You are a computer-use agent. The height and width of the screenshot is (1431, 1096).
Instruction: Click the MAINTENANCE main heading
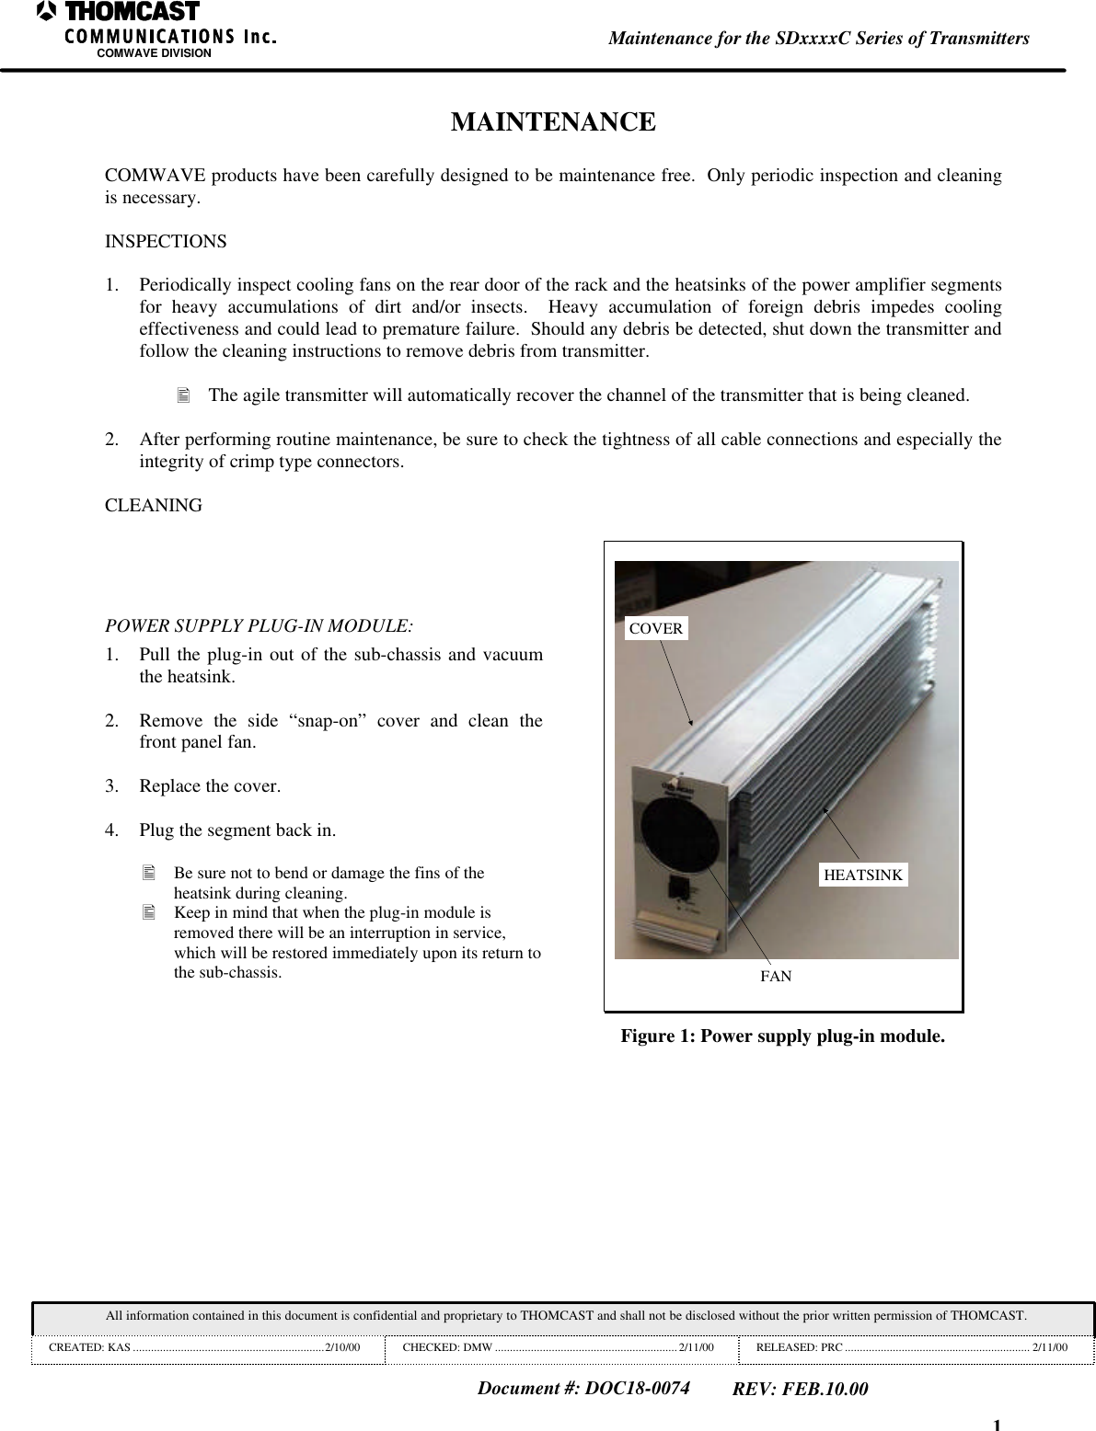coord(553,122)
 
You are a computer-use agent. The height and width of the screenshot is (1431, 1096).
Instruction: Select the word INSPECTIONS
coord(166,242)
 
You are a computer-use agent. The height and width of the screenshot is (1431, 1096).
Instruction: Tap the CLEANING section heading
coord(154,506)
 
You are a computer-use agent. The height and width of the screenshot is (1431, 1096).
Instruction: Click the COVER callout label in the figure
coord(656,629)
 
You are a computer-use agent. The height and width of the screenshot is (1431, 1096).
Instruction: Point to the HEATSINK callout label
coord(862,876)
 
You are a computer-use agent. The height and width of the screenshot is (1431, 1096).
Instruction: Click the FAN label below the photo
coord(775,976)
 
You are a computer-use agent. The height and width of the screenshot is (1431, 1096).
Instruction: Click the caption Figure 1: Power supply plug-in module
coord(782,1036)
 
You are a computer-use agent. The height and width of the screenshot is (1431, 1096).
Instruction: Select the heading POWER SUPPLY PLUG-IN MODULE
coord(259,626)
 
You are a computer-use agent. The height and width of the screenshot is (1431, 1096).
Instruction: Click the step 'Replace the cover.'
coord(211,786)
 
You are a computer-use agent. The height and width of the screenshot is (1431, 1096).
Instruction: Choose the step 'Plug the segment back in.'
coord(237,830)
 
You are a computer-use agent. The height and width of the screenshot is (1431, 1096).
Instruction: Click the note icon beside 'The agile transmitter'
coord(182,396)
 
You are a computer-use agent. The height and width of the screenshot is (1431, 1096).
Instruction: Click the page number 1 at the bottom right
coord(997,1424)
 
